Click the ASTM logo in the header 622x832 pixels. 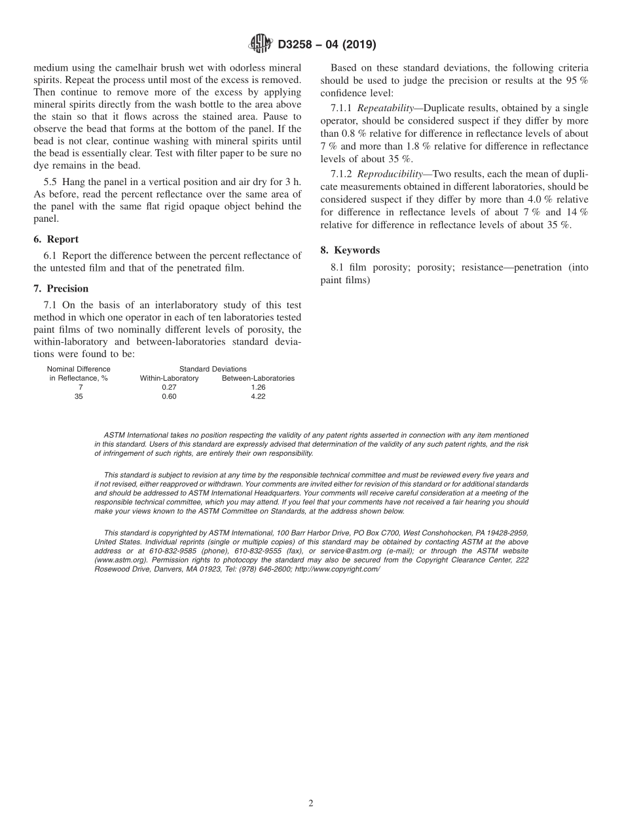[x=261, y=44]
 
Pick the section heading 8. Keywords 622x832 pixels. [x=350, y=250]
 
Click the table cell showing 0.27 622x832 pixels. [x=169, y=387]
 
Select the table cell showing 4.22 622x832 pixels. [x=258, y=396]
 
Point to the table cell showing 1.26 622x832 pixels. [x=258, y=387]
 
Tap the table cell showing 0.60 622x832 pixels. [x=169, y=396]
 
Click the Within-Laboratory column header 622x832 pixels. [x=169, y=378]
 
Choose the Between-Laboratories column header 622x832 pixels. [x=258, y=378]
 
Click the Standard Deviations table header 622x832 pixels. [x=213, y=369]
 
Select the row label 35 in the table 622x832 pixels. [x=79, y=396]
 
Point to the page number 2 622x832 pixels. [x=311, y=804]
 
